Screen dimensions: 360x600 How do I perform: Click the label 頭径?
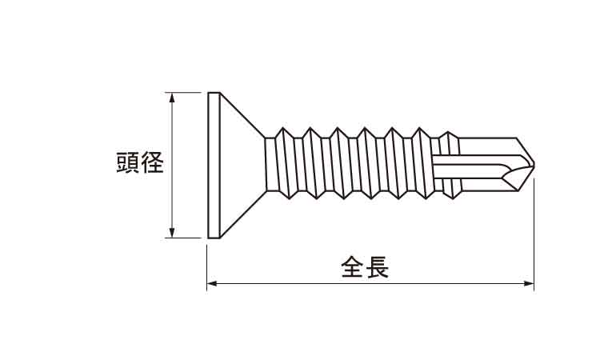140,164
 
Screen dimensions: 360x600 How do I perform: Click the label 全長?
365,266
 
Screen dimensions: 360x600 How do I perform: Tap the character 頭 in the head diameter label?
128,164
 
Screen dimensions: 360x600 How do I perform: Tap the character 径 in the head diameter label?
152,164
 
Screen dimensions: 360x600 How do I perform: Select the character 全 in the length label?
353,266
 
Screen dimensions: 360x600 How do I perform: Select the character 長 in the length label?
377,266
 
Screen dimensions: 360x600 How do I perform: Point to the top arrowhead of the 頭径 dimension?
170,98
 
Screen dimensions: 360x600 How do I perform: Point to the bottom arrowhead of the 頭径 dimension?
170,232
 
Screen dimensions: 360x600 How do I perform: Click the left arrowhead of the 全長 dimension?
212,282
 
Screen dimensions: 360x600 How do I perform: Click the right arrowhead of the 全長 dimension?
529,282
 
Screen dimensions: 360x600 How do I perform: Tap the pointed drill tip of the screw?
533,166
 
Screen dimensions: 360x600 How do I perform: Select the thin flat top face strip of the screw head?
213,164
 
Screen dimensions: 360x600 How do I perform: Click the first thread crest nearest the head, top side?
281,130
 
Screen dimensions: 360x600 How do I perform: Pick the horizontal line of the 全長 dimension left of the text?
272,282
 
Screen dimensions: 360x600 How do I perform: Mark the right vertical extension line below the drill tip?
534,232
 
